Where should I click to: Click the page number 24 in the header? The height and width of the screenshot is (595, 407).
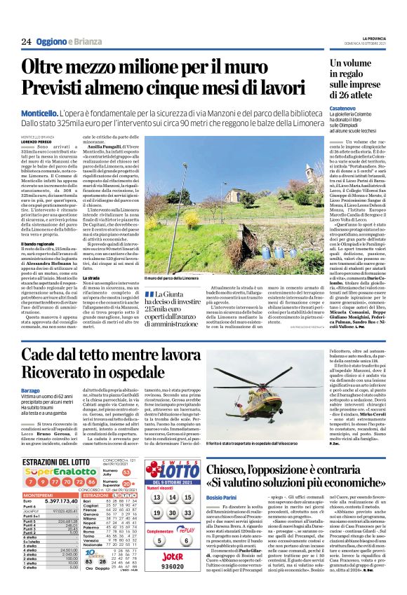click(27, 41)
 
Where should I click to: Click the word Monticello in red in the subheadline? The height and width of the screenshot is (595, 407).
click(40, 112)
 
